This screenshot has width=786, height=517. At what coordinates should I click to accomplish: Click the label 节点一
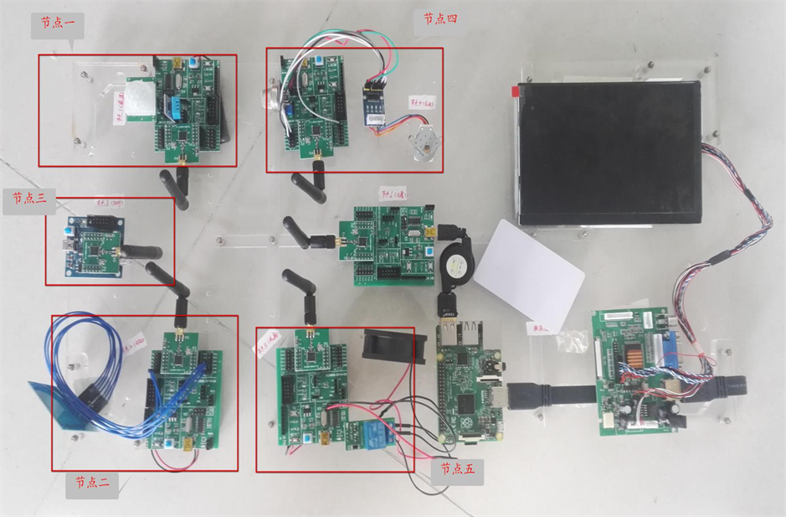coord(56,24)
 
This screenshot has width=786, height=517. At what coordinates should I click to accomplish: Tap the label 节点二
coord(91,483)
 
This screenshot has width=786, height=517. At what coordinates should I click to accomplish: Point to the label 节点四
coord(439,18)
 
